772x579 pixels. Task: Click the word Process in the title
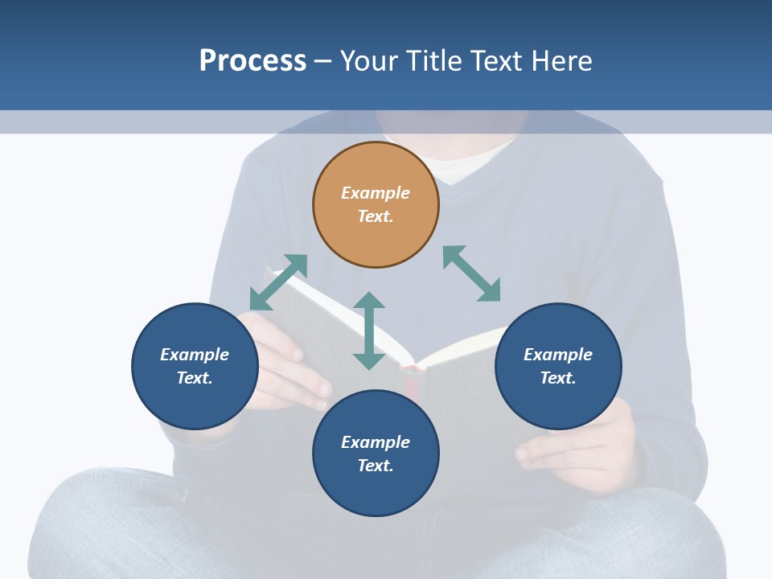(253, 61)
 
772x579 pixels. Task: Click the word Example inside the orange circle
(376, 193)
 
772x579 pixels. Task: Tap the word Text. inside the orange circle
(376, 216)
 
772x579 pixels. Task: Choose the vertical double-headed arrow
(369, 331)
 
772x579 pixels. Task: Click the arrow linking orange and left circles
(278, 282)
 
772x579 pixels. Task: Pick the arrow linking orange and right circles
(472, 273)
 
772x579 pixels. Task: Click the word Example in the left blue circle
(195, 355)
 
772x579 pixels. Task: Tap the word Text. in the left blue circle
(195, 378)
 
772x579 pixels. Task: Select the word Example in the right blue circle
(558, 355)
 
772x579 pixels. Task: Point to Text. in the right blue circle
(558, 378)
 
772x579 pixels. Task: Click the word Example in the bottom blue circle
(376, 442)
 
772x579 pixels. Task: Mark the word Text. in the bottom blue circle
(376, 466)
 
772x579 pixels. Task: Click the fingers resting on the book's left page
(302, 378)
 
